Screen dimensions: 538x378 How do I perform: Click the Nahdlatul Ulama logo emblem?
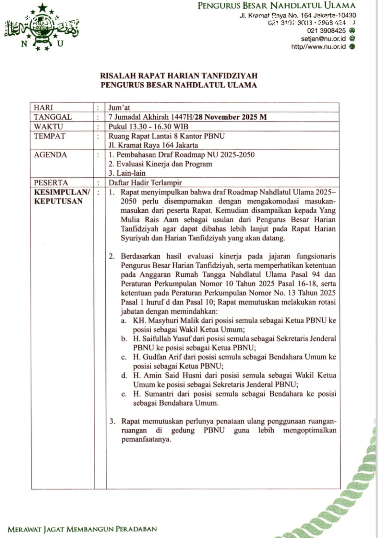(x=42, y=27)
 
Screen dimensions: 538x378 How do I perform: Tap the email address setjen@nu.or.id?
(x=323, y=39)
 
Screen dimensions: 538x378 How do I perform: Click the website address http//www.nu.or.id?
(x=318, y=47)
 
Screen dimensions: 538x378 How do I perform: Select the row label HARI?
(x=43, y=108)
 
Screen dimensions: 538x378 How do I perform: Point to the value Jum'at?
(x=119, y=108)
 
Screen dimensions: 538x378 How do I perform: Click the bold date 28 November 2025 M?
(x=231, y=117)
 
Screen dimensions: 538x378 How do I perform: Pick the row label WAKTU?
(x=48, y=126)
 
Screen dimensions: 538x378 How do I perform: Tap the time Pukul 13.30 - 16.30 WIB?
(x=148, y=126)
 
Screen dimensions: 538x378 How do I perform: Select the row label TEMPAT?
(x=49, y=136)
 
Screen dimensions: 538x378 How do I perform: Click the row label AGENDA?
(x=50, y=155)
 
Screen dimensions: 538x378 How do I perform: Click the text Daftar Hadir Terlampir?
(x=145, y=182)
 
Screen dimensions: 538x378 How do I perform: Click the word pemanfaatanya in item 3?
(x=146, y=439)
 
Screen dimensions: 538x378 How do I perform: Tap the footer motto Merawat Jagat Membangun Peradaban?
(x=82, y=529)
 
